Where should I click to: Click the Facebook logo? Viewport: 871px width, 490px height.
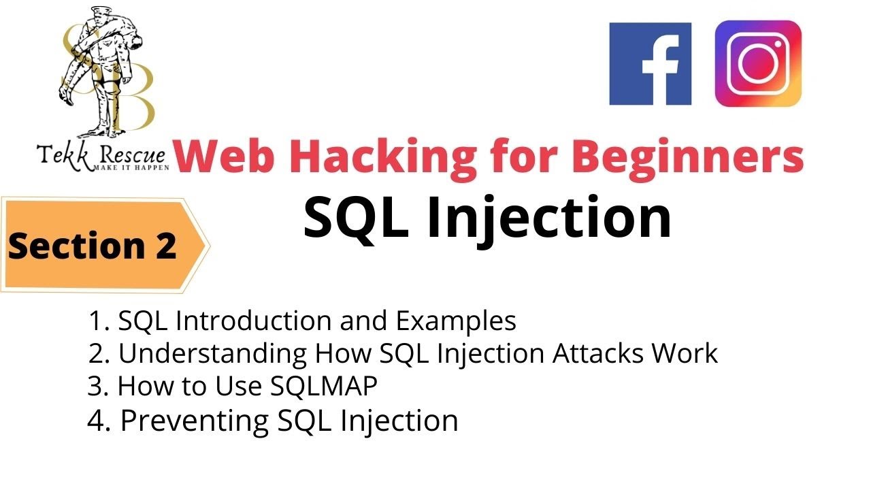pos(650,64)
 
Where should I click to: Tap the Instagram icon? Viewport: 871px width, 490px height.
pos(758,63)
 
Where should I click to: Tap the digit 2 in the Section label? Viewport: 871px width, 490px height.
pos(163,246)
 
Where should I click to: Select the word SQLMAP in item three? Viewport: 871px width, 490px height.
pos(323,387)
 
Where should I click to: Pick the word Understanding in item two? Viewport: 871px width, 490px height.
pos(212,354)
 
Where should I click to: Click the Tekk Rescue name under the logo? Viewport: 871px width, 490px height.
pos(102,155)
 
